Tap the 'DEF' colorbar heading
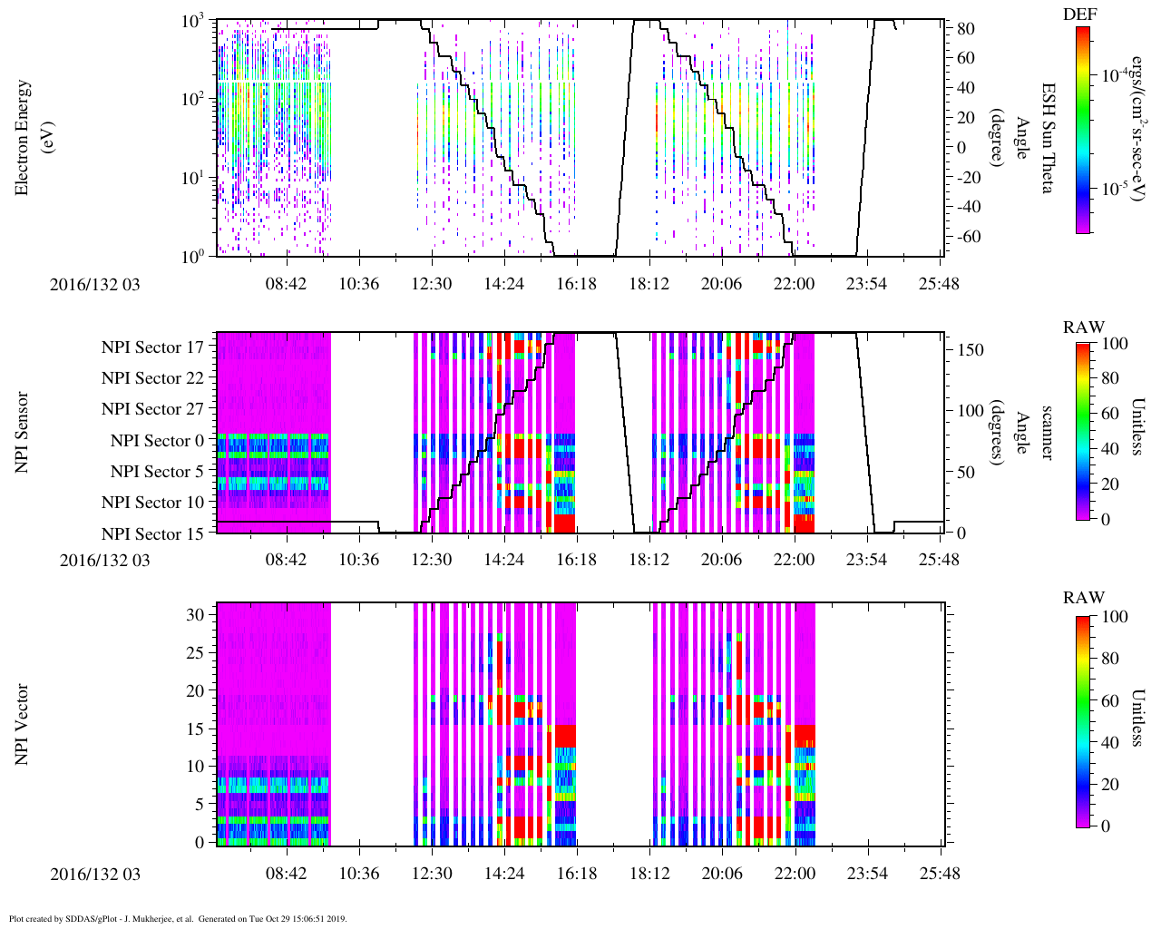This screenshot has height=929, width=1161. point(1080,15)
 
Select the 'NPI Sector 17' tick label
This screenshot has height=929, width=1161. point(152,347)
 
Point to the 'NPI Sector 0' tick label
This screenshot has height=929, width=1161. point(157,441)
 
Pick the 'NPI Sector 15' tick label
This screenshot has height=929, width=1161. point(152,534)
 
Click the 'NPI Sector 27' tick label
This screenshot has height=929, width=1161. point(152,409)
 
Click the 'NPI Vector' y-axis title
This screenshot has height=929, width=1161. point(22,725)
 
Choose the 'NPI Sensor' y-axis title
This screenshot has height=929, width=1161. point(22,432)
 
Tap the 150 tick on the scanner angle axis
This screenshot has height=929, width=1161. point(971,350)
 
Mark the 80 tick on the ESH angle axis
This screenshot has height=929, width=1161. point(965,29)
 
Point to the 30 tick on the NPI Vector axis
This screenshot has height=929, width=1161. point(196,614)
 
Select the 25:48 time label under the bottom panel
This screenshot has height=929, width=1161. point(938,874)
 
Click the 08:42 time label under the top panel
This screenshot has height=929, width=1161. point(286,284)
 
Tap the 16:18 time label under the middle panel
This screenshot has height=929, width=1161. point(576,559)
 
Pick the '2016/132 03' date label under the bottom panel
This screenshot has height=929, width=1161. point(95,875)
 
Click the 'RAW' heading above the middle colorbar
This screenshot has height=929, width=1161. point(1084,328)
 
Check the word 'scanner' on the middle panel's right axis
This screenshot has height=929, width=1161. point(1048,432)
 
